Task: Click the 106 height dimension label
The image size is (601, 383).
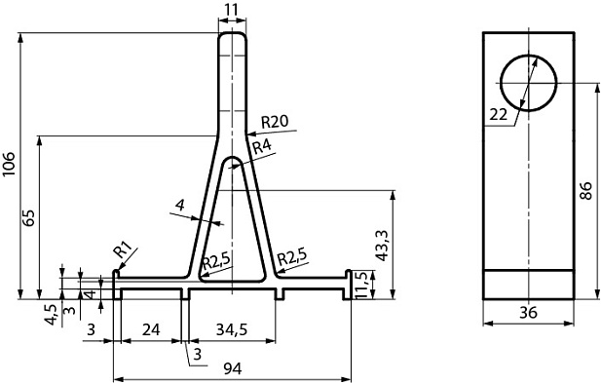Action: pos(9,164)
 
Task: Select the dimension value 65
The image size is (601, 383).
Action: pos(30,217)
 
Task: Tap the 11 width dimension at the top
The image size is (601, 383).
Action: pos(232,9)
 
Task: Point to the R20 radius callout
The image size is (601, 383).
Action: pos(275,122)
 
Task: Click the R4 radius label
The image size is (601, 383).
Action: pos(262,146)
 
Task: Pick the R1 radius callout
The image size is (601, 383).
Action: pos(124,249)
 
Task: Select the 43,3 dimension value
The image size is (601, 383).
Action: pos(382,246)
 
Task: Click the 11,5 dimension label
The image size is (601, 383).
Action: pos(361,285)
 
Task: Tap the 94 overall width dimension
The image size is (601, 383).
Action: pos(232,369)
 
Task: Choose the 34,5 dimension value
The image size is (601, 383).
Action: pos(232,329)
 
